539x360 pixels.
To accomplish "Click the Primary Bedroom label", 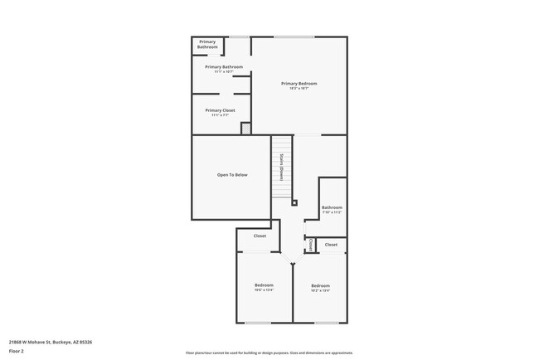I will tap(299, 83).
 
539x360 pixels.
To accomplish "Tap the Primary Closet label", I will tap(221, 110).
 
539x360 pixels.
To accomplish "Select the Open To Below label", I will tap(232, 175).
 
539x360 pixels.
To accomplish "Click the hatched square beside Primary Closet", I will tap(245, 129).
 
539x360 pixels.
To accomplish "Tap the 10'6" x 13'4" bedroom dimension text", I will tap(264, 290).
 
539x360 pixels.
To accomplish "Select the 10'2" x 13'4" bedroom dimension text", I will tap(320, 290).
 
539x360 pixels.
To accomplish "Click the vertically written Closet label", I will tap(310, 246).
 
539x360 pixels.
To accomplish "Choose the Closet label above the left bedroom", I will tap(260, 236).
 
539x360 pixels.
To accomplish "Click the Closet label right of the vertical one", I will tap(331, 245).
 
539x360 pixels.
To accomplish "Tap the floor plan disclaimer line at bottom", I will tap(269, 353).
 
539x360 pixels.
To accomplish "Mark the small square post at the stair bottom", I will tap(294, 202).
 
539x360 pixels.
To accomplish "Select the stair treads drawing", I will tap(282, 170).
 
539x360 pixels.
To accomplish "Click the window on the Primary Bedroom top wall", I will tap(294, 36).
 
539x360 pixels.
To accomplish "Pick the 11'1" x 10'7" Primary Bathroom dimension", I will tap(224, 72).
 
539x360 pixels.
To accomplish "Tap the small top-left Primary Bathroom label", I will tap(207, 45).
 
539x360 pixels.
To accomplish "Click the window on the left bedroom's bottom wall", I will tap(258, 323).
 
